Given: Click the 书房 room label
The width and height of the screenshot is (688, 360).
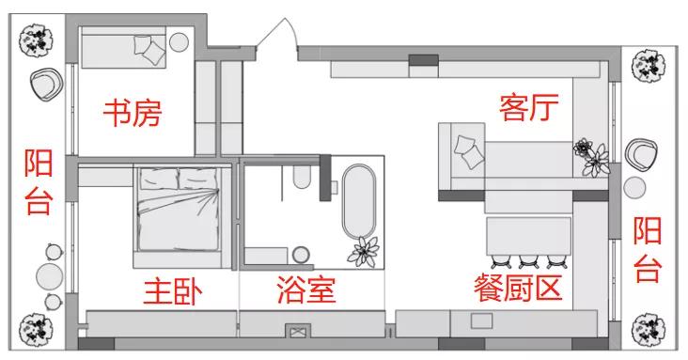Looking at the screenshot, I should tap(133, 115).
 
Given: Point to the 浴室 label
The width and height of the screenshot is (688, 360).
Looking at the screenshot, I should tap(306, 291).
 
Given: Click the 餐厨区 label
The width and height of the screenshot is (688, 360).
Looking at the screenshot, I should tap(519, 289).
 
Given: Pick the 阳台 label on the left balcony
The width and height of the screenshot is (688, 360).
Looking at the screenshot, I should tap(38, 182).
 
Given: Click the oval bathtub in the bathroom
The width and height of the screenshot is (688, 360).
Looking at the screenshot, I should tap(358, 200).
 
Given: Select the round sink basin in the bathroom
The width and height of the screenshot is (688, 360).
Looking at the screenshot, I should tap(301, 254).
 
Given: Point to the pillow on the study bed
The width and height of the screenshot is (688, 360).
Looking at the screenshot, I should tap(149, 48).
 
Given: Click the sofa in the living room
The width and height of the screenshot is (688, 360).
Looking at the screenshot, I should tap(498, 160).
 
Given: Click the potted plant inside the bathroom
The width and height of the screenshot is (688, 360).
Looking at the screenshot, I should tap(364, 250).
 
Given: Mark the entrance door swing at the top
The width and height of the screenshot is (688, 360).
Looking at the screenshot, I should tap(277, 38).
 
